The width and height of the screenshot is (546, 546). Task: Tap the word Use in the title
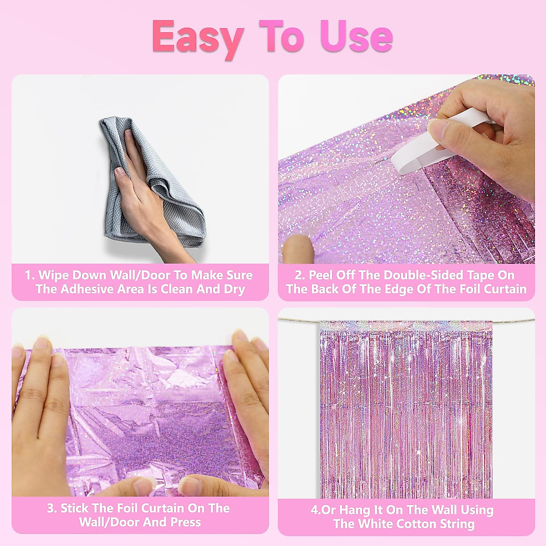pyautogui.click(x=356, y=36)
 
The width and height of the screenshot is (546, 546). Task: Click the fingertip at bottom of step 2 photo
pyautogui.click(x=298, y=248)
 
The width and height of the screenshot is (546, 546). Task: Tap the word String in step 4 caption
pyautogui.click(x=457, y=524)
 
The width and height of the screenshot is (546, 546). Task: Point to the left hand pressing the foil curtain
pyautogui.click(x=41, y=409)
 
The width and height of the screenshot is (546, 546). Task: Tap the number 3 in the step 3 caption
pyautogui.click(x=51, y=508)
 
